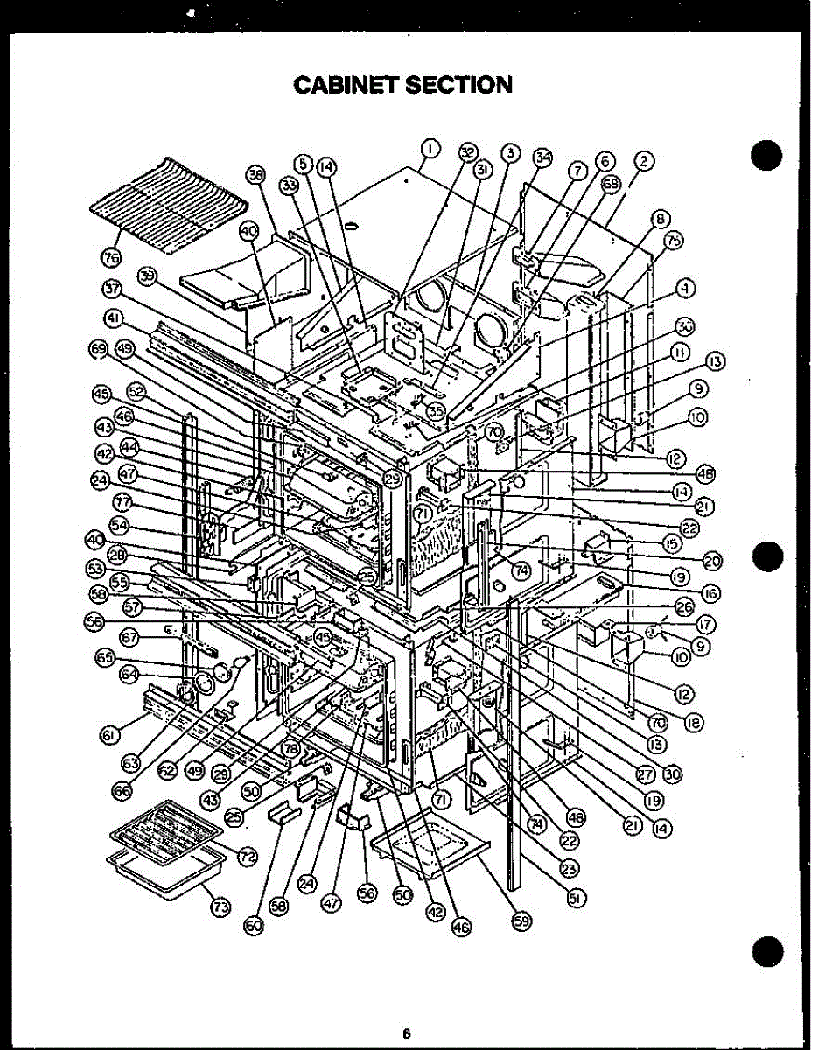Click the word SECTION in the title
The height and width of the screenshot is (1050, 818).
[x=461, y=84]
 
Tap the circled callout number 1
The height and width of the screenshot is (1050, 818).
[x=430, y=149]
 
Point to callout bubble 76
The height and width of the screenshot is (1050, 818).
[x=111, y=256]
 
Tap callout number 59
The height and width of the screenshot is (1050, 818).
[x=519, y=924]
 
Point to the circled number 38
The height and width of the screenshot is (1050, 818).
[x=255, y=176]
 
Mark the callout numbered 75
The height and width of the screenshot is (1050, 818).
[x=674, y=241]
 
